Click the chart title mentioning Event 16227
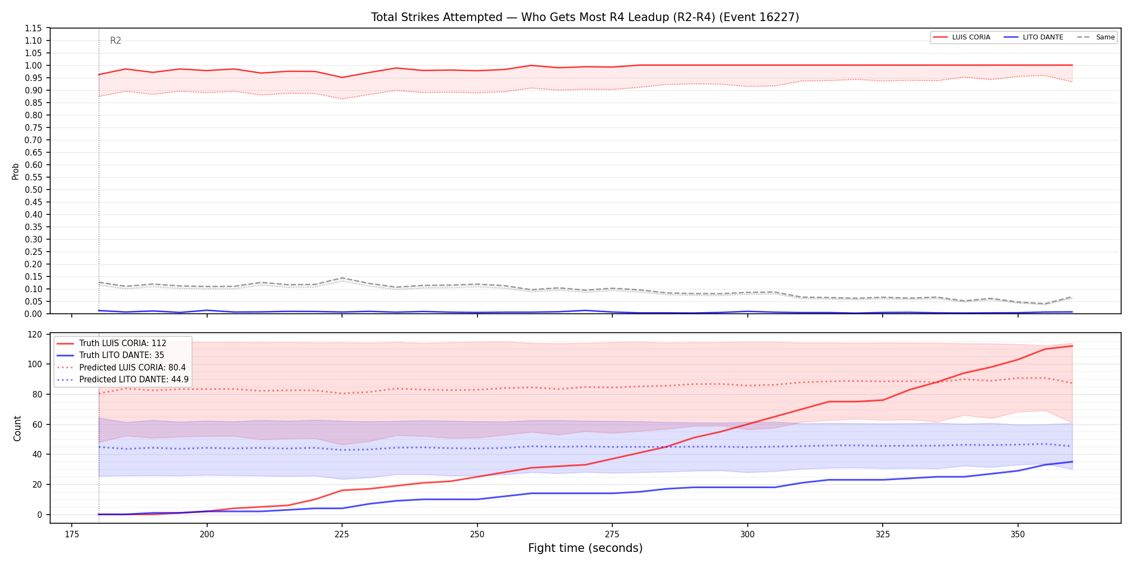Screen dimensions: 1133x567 pos(585,17)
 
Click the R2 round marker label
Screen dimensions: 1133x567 pos(115,40)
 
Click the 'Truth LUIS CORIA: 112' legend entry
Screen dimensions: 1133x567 pos(122,343)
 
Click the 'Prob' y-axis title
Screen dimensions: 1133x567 pos(16,171)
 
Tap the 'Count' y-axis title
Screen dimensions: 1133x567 pos(17,428)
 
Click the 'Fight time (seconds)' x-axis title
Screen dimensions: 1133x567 pos(585,548)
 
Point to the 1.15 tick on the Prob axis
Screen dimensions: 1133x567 pos(33,28)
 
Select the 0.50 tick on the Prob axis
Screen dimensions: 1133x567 pos(33,190)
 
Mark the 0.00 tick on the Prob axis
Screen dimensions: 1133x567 pos(33,314)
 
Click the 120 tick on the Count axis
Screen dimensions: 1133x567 pos(35,334)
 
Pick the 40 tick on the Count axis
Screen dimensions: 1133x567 pos(37,454)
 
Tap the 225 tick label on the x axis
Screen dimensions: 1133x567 pos(342,535)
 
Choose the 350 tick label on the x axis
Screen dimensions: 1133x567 pos(1018,535)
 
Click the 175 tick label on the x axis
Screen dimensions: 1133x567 pos(72,535)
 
